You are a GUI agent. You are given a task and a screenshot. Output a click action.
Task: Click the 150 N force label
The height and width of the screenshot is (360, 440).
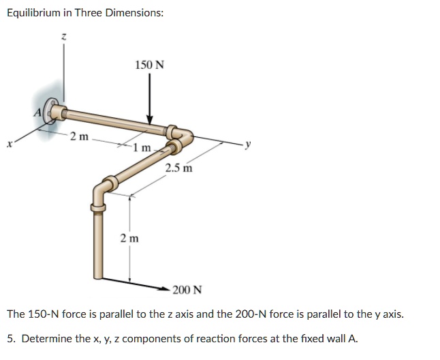[149, 65]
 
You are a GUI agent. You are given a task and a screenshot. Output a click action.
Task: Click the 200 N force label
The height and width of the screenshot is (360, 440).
[187, 290]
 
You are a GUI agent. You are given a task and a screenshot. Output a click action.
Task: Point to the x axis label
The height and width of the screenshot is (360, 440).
[9, 144]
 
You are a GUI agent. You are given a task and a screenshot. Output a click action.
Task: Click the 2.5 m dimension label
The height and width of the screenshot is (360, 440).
[178, 168]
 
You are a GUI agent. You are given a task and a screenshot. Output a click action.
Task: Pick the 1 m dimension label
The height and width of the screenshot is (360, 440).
[142, 148]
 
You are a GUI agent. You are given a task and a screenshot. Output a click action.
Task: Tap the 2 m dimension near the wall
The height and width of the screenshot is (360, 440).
[79, 136]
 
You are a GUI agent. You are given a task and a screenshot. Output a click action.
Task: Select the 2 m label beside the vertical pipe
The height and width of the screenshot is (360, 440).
[129, 238]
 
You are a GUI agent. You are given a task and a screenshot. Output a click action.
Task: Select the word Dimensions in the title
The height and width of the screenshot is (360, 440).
[134, 13]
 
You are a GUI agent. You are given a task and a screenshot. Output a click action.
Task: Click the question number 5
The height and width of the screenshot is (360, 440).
[10, 338]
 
